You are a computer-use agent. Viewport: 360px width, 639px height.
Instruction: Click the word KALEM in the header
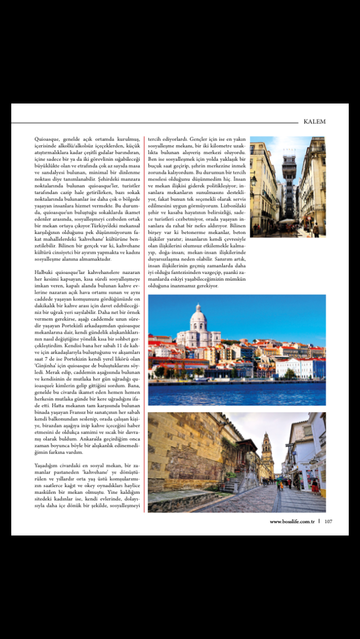coord(314,121)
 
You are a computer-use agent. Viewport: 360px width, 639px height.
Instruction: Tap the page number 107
coord(328,521)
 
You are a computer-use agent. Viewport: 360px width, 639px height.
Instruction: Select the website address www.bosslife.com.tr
coord(291,521)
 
